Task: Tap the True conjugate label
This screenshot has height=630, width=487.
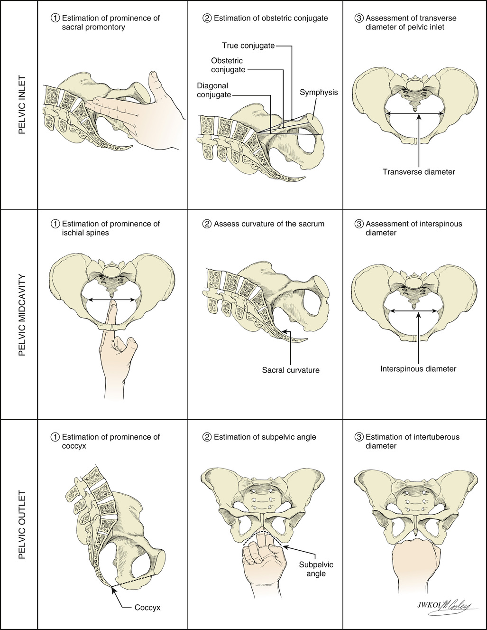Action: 248,46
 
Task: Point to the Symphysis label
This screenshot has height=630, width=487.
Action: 318,92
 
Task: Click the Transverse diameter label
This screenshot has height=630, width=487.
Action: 418,172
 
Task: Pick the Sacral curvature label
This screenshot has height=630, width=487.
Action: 290,370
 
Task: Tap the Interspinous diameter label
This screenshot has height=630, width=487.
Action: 418,368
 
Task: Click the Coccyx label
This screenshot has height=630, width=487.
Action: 147,607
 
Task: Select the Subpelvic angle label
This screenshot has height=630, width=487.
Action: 316,569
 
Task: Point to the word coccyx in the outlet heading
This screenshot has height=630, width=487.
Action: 74,446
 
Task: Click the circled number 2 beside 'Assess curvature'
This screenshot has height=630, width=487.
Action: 207,224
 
